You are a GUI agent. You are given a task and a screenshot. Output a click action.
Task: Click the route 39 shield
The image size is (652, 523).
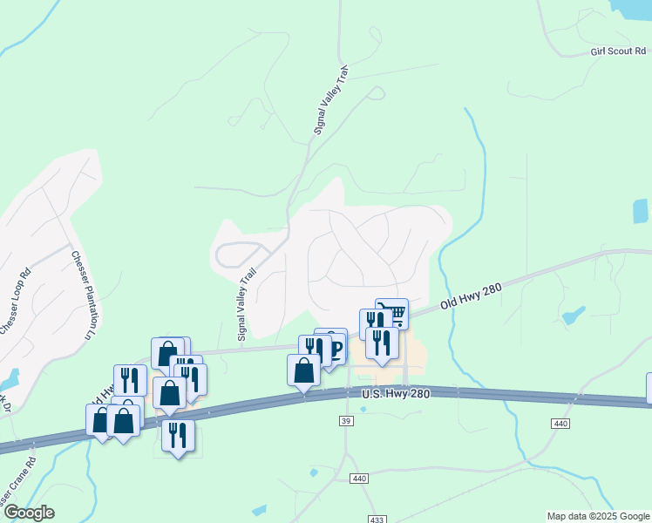[x=345, y=421]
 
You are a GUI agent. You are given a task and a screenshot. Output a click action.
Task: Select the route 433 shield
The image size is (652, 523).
[x=377, y=520]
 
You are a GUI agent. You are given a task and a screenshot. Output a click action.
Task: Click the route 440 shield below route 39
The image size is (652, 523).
[x=359, y=479]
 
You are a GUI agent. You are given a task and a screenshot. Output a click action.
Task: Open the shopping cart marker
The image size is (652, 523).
[x=392, y=312]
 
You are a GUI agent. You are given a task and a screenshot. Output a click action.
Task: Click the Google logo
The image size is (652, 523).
[x=29, y=513]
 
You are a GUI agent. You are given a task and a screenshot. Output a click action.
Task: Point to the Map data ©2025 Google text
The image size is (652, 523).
[x=598, y=516]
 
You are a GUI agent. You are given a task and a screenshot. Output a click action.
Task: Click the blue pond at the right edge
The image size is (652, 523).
[x=641, y=211]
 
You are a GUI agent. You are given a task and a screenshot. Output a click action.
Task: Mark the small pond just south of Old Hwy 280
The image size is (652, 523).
[x=574, y=315]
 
